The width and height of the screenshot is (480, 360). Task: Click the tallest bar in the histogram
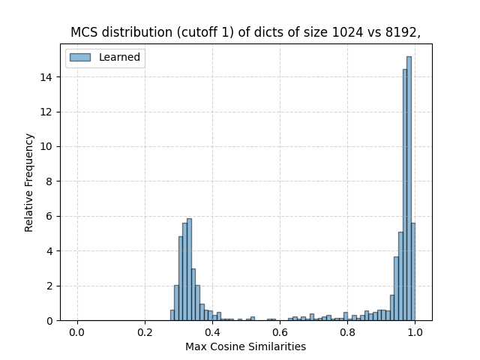click(x=409, y=187)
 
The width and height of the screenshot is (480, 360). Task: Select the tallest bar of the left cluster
click(x=189, y=270)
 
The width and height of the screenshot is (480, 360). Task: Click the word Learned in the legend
click(x=119, y=58)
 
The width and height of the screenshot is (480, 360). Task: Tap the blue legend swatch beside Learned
click(x=80, y=58)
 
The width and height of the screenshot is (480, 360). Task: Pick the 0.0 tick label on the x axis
click(x=77, y=332)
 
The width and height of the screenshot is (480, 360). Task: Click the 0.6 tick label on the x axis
click(x=280, y=332)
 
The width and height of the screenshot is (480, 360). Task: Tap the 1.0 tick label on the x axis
click(x=415, y=332)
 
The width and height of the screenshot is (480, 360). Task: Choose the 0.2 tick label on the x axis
click(x=145, y=332)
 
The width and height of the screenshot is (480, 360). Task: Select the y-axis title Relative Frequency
click(x=29, y=182)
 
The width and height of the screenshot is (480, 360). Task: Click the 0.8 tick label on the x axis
click(x=348, y=332)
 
